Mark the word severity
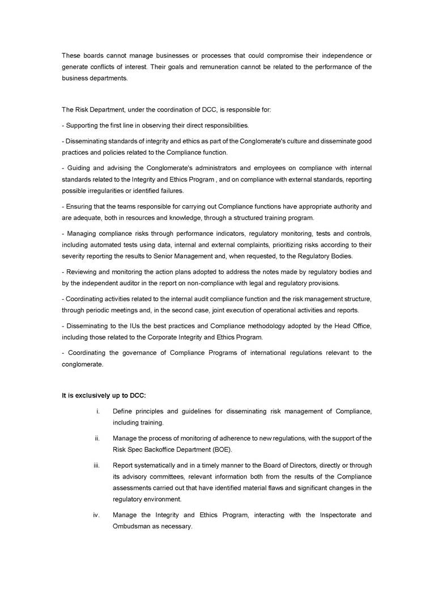[x=75, y=256]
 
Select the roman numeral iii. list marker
[x=96, y=465]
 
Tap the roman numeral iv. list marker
[x=96, y=515]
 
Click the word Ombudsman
[x=131, y=526]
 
